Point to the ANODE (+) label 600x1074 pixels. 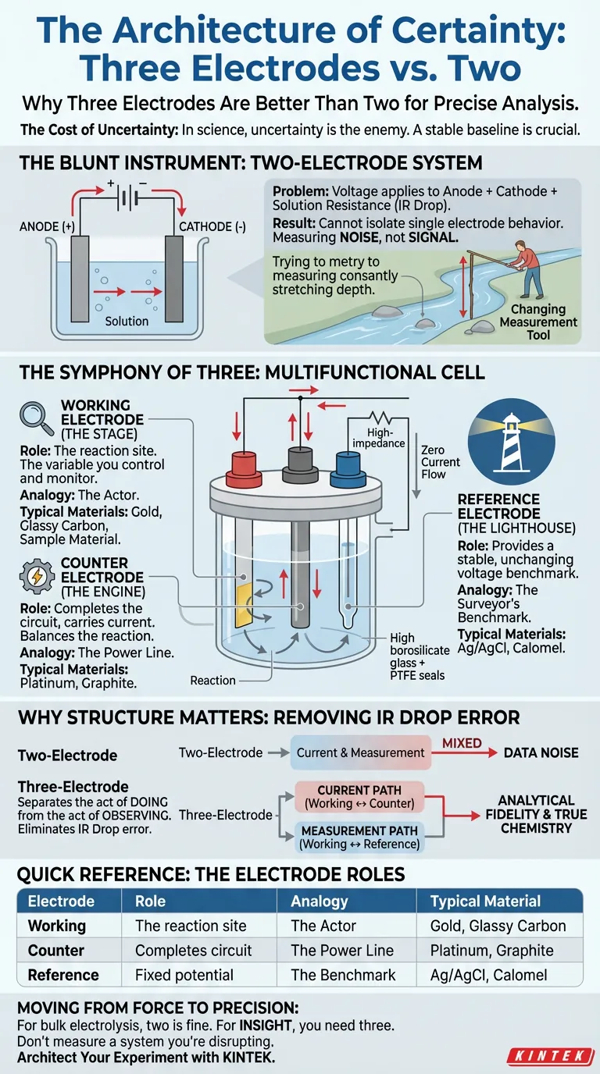pyautogui.click(x=50, y=227)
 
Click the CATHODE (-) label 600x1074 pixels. pyautogui.click(x=212, y=227)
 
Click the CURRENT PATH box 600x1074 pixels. pyautogui.click(x=359, y=796)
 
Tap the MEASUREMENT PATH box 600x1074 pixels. pyautogui.click(x=359, y=838)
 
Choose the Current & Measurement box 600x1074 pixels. pyautogui.click(x=360, y=752)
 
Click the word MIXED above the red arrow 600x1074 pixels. pyautogui.click(x=462, y=742)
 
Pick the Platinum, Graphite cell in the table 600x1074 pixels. pyautogui.click(x=491, y=951)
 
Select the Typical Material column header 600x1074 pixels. pyautogui.click(x=485, y=902)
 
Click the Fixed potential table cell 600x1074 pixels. pyautogui.click(x=184, y=975)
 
